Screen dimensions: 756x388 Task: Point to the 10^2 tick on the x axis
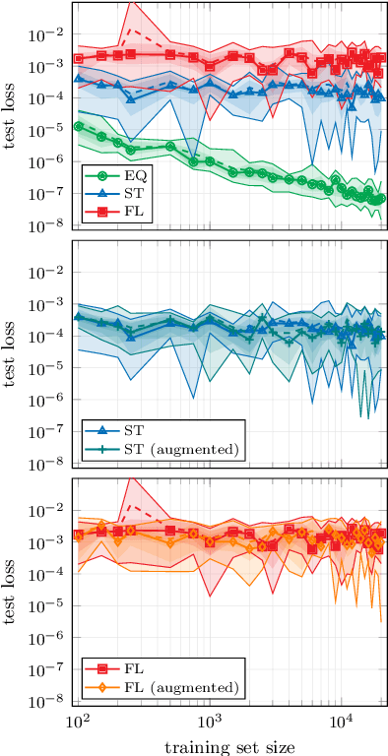click(x=78, y=724)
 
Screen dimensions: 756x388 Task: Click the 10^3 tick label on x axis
click(x=209, y=724)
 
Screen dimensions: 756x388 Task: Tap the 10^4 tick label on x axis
click(x=340, y=724)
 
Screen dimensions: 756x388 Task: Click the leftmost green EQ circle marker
click(x=78, y=126)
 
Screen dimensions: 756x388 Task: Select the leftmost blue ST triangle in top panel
click(x=78, y=78)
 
